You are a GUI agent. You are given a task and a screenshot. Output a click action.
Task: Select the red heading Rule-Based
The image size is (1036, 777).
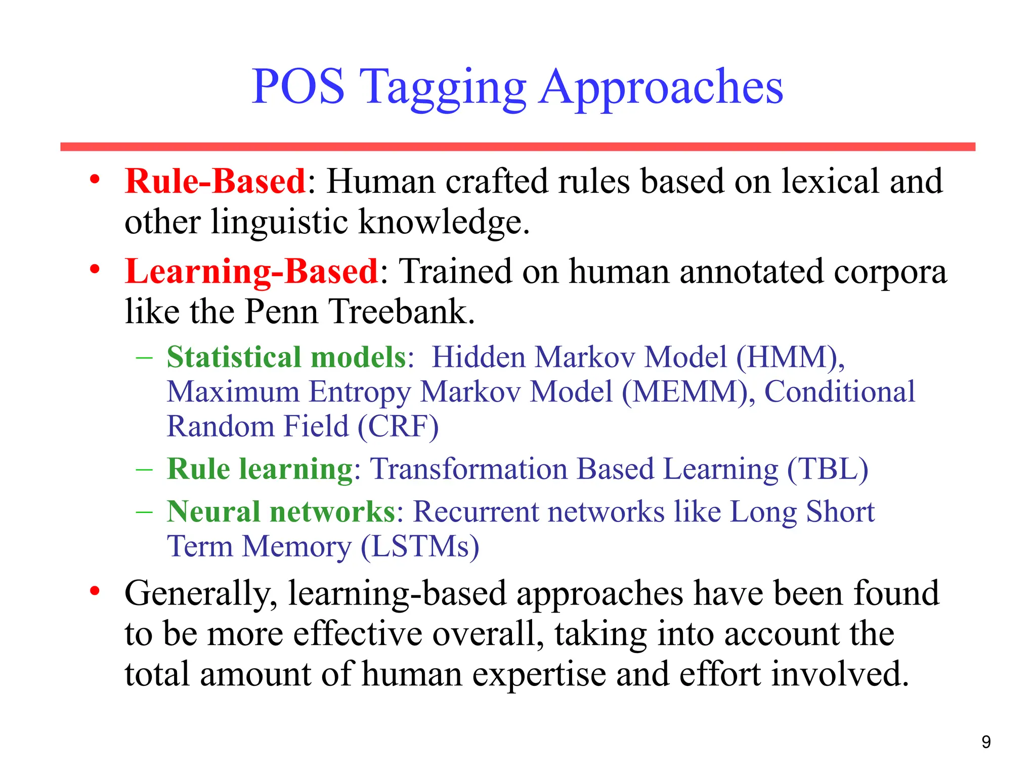[215, 181]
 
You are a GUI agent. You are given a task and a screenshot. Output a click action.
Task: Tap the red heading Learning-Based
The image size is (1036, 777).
[251, 271]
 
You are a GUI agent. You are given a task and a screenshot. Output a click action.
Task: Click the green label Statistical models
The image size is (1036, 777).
[287, 357]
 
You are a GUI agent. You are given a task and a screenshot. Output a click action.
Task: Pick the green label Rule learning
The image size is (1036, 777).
[260, 469]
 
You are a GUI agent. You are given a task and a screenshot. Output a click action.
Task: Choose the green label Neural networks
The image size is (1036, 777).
[281, 511]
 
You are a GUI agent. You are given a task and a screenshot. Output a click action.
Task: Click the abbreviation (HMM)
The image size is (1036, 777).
[790, 358]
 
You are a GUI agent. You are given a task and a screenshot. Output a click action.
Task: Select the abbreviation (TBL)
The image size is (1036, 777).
[828, 469]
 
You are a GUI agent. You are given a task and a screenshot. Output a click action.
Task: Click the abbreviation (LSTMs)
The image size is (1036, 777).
[420, 547]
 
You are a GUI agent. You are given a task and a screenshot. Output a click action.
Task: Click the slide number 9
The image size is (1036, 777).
[986, 742]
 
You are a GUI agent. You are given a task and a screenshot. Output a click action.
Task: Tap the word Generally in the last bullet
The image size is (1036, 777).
[201, 594]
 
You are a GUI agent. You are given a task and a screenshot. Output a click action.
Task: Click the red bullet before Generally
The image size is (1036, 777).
[95, 591]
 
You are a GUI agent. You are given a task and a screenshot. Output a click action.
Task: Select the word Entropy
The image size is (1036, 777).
[361, 392]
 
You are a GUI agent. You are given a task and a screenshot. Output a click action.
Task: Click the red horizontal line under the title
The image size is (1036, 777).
[517, 147]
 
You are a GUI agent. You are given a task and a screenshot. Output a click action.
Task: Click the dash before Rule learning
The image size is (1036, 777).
[144, 469]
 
